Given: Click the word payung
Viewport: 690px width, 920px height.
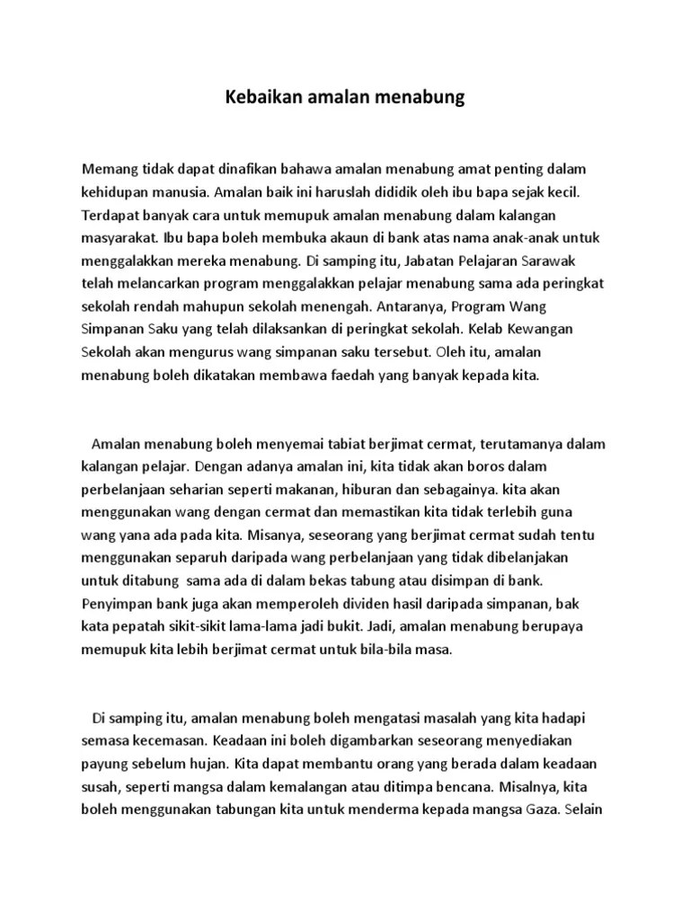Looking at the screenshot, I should (x=103, y=765).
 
